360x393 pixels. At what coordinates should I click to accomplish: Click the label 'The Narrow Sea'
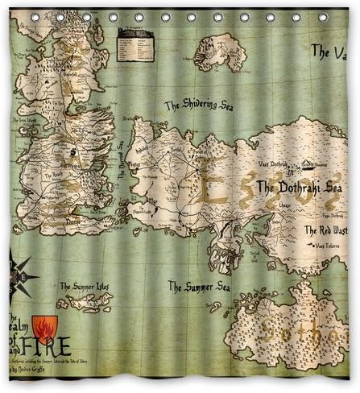(x=122, y=161)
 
